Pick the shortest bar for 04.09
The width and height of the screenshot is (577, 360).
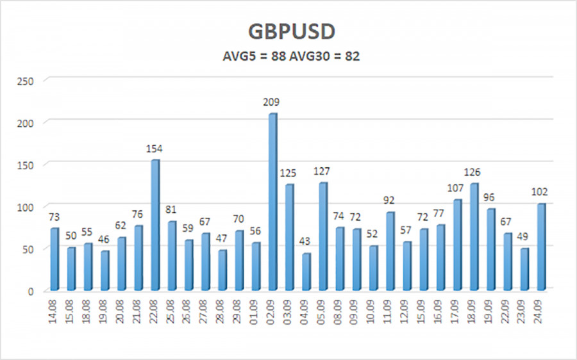pyautogui.click(x=306, y=272)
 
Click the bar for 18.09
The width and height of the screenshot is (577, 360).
pyautogui.click(x=474, y=237)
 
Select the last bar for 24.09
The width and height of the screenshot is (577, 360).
pyautogui.click(x=541, y=247)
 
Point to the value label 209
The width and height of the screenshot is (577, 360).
pyautogui.click(x=271, y=102)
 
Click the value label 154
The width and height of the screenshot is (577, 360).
pyautogui.click(x=155, y=149)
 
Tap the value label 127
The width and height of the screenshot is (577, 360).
pyautogui.click(x=322, y=171)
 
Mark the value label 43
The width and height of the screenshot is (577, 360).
pyautogui.click(x=305, y=242)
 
